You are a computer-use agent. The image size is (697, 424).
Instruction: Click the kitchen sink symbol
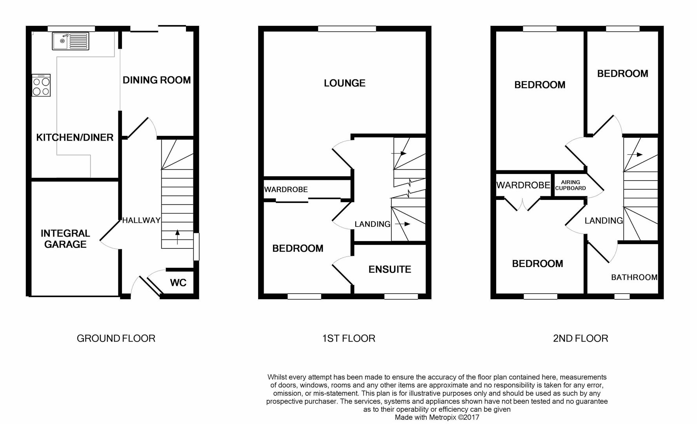tap(71, 41)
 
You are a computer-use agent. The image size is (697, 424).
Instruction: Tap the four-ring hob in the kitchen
tap(41, 86)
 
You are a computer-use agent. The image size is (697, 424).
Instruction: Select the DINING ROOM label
tap(157, 80)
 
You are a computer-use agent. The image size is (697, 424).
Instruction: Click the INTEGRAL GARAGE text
tap(65, 239)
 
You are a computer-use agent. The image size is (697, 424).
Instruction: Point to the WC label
tap(178, 283)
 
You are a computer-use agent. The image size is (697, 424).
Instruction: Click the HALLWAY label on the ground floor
tap(141, 220)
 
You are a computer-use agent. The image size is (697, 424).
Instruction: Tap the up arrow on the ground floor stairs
tap(177, 237)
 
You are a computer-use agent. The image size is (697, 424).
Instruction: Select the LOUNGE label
tap(344, 83)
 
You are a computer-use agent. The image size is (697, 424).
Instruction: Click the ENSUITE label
tap(389, 269)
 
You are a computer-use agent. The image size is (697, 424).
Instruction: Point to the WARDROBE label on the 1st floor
tap(286, 190)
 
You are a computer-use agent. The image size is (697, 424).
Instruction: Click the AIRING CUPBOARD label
tap(570, 185)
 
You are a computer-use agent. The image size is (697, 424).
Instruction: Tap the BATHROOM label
tap(634, 277)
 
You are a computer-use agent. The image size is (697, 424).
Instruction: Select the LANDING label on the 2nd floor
tap(603, 221)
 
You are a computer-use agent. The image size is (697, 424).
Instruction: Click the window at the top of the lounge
tap(347, 29)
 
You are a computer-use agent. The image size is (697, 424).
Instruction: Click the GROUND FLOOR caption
tap(116, 338)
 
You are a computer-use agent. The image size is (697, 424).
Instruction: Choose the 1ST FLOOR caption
tap(348, 338)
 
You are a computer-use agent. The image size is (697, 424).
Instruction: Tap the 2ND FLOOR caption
tap(580, 338)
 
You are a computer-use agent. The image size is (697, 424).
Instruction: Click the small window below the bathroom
tap(622, 296)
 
